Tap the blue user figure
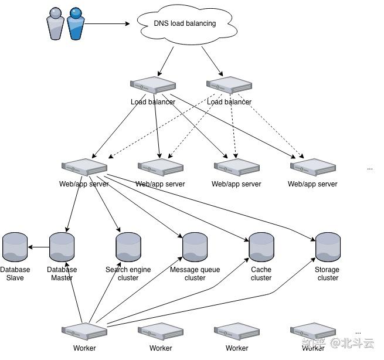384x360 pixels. click(x=75, y=23)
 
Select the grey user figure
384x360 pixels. click(x=55, y=24)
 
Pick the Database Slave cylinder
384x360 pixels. click(x=15, y=247)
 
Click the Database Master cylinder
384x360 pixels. click(x=62, y=247)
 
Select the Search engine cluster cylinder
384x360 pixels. click(x=128, y=247)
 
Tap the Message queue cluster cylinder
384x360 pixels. click(x=195, y=247)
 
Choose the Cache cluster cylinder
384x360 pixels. click(x=261, y=247)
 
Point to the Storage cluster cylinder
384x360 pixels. click(x=328, y=247)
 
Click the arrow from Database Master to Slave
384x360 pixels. click(x=39, y=247)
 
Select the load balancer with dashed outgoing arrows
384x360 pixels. click(x=229, y=86)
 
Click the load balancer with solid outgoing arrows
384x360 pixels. click(x=153, y=86)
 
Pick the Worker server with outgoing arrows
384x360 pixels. click(x=84, y=331)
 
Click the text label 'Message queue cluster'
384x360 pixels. click(x=195, y=274)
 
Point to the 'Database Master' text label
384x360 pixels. click(x=62, y=274)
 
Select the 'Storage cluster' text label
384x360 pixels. click(x=328, y=274)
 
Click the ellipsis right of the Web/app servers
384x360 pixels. click(x=370, y=168)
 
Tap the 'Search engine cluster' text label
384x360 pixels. click(x=128, y=274)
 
